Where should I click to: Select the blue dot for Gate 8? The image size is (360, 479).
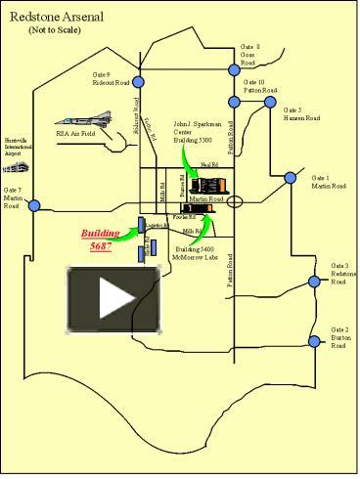[x=233, y=69]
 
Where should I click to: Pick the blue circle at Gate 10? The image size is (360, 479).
[x=235, y=101]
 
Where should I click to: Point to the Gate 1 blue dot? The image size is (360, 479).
[x=290, y=178]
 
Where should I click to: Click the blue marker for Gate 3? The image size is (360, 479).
[x=315, y=281]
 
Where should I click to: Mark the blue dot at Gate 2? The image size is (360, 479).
[x=314, y=341]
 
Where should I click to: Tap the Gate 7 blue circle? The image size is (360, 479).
[x=34, y=205]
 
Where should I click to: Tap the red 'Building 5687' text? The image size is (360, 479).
[x=101, y=240]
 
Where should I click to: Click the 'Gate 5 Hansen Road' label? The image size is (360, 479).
[x=301, y=114]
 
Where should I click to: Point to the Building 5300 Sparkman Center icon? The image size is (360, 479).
[x=206, y=184]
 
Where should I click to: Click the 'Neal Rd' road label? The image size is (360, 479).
[x=207, y=165]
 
